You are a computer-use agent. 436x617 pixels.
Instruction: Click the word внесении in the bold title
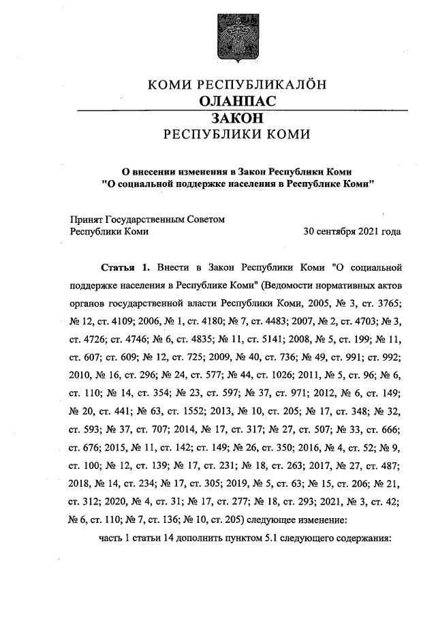[x=161, y=170]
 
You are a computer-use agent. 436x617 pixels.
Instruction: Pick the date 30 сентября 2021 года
[x=352, y=231]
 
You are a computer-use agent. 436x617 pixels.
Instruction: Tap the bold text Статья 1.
[x=124, y=265]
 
